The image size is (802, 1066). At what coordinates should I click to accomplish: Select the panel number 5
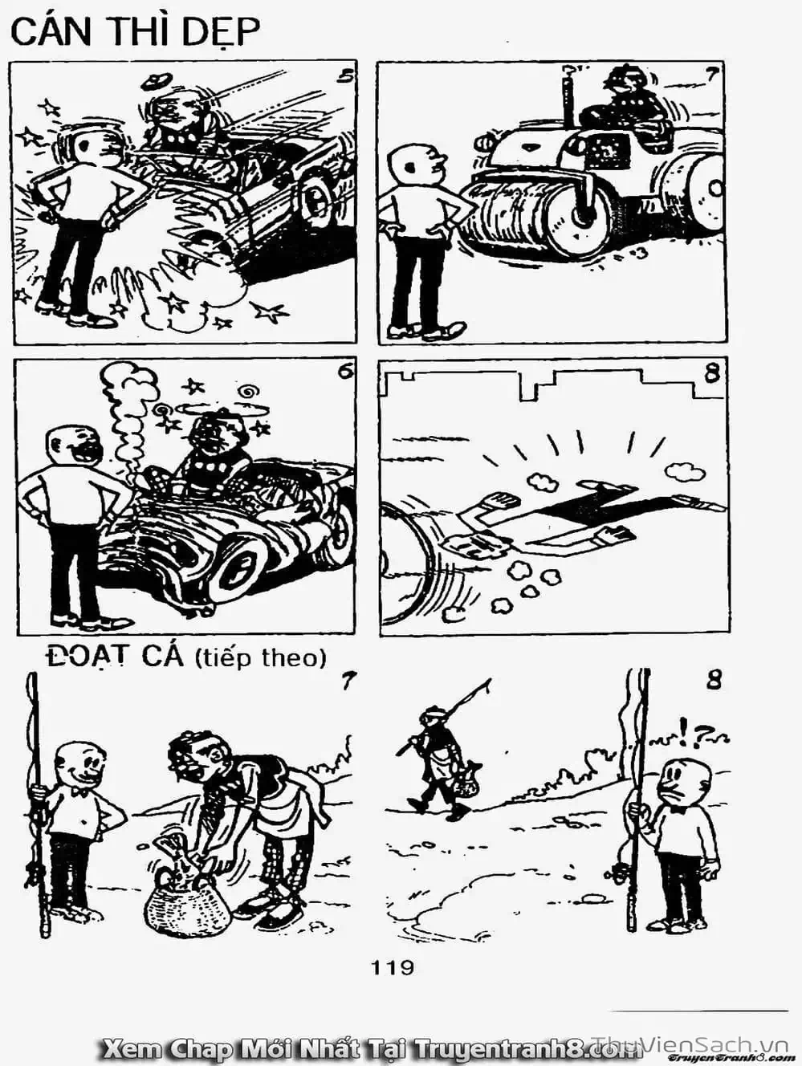click(346, 76)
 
